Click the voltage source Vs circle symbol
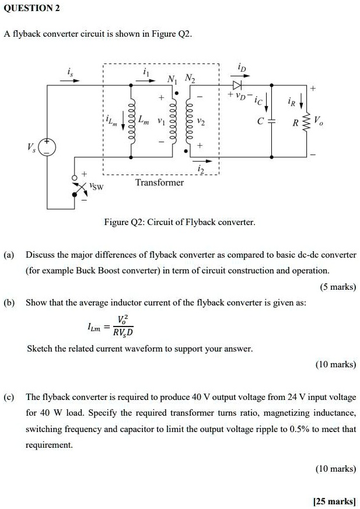(x=48, y=148)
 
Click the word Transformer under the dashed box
(x=159, y=182)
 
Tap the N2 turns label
(x=190, y=79)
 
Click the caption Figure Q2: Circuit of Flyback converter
(x=180, y=222)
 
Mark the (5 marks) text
(x=338, y=286)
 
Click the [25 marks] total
(x=334, y=501)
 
